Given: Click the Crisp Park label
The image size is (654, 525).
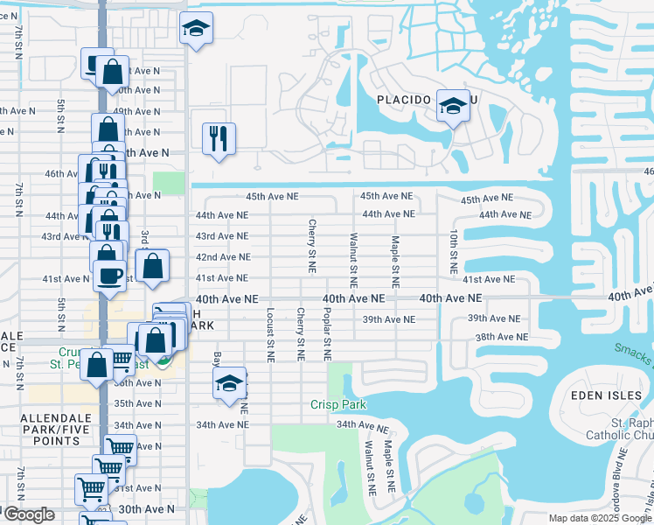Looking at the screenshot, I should coord(338,404).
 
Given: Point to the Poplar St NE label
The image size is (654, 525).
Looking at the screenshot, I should coord(328,333).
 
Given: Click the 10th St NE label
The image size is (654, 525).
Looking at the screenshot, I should coord(454,250).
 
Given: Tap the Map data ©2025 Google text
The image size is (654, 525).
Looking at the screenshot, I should coord(599,518).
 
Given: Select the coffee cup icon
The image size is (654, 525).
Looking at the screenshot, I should coord(110,276).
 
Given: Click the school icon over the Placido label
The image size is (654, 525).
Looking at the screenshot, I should coord(452,107).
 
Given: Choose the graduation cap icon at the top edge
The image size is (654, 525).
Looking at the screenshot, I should coord(196,29).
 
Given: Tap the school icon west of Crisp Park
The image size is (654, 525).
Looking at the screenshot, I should coord(229,383).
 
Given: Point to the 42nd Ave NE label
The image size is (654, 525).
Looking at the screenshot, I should coord(222,257).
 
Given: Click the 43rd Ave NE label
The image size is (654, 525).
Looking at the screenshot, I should coord(222,236).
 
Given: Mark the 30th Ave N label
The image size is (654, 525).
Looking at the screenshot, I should coord(146,508).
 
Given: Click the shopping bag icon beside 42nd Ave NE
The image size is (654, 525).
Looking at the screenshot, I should coord(152,268).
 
